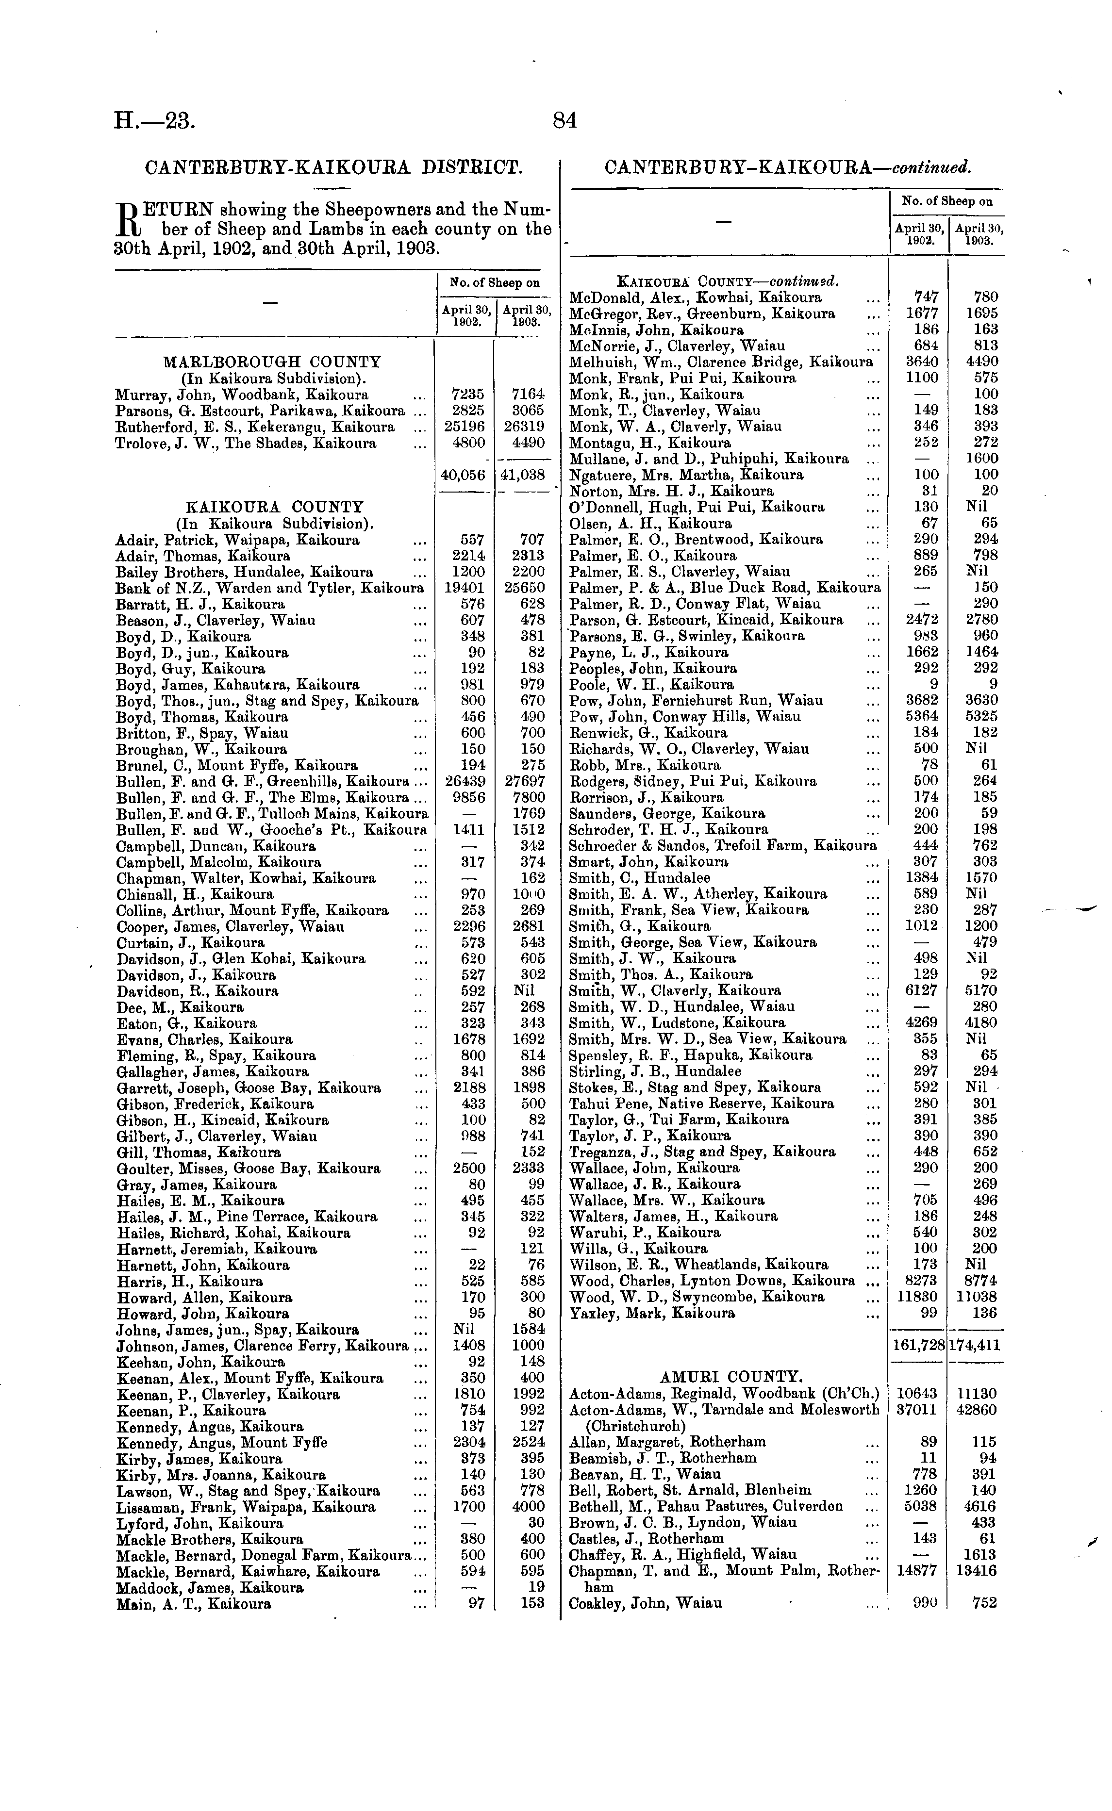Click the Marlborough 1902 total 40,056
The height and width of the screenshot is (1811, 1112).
(x=464, y=475)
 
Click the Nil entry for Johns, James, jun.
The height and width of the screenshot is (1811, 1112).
(x=464, y=1330)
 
